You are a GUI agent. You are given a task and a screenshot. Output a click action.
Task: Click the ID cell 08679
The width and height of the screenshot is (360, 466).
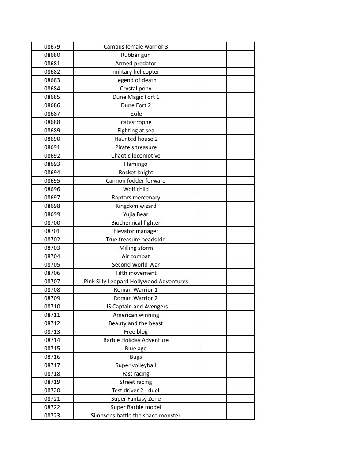point(52,47)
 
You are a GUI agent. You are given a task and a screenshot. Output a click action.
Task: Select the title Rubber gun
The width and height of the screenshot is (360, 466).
point(136,55)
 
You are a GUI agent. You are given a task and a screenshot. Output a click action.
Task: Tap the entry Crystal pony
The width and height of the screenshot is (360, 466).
point(136,89)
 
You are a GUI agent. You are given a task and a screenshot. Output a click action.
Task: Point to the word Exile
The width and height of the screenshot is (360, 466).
point(136,114)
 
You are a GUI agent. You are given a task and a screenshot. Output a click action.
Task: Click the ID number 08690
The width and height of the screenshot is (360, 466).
point(52,139)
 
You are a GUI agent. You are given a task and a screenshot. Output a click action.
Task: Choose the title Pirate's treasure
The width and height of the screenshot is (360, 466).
point(136,147)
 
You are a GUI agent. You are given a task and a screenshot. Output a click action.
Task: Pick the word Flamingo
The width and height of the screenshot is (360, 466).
point(136,164)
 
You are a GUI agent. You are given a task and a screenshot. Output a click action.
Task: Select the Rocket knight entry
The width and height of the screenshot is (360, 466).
point(136,173)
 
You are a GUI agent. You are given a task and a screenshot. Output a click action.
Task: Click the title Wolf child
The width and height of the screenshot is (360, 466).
point(136,189)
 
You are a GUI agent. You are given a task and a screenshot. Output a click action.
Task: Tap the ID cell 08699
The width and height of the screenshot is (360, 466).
point(52,214)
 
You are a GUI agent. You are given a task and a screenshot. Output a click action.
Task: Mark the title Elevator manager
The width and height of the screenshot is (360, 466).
point(136,231)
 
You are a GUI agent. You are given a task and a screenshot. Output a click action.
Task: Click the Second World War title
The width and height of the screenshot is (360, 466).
point(136,265)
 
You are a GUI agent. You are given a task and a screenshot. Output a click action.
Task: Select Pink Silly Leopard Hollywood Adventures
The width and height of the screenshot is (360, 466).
point(136,282)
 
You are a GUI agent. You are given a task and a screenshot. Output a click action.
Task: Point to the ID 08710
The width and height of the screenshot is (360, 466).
point(52,307)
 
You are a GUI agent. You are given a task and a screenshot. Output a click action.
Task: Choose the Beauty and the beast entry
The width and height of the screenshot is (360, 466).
point(136,323)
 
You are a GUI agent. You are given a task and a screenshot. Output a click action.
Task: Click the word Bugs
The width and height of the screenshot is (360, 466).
point(136,357)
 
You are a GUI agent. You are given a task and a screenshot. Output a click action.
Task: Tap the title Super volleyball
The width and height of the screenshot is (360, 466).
point(136,365)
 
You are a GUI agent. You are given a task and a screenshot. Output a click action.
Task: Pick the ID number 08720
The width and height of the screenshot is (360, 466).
point(52,391)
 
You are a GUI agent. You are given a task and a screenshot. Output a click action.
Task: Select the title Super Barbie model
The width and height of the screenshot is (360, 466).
point(136,407)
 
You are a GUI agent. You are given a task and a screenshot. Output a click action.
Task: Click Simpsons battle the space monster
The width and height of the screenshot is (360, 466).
point(136,416)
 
